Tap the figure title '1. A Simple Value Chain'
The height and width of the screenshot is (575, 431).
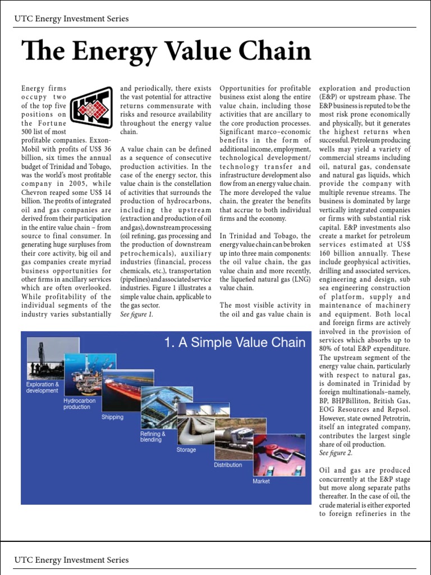[x=235, y=343]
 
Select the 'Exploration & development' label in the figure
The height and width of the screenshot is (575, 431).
[x=42, y=387]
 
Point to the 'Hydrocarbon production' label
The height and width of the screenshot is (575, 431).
[x=79, y=404]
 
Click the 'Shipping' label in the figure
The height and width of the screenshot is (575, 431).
[x=112, y=417]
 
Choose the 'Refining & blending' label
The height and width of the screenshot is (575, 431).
[x=153, y=437]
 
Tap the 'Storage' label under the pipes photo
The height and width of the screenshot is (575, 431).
[x=186, y=450]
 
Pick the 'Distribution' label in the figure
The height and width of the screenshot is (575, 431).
[x=228, y=465]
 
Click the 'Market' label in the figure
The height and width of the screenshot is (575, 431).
[x=261, y=481]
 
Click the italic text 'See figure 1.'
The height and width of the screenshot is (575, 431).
[x=136, y=314]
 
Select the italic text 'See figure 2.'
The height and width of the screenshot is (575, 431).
[x=335, y=453]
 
